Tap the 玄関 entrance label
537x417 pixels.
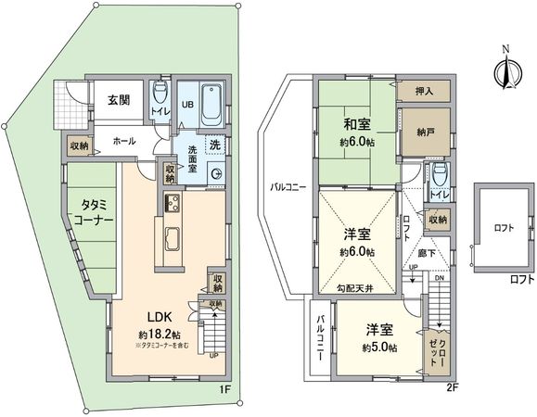click(x=118, y=101)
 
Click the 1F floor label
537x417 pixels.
click(x=224, y=390)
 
